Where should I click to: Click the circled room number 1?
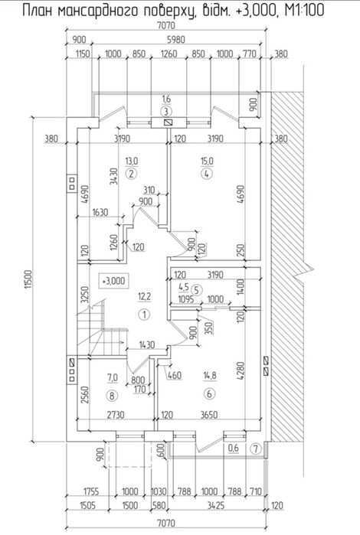pos(145,315)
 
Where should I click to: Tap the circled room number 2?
pos(131,174)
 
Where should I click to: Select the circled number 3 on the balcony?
pos(166,111)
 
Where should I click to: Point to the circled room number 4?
pos(207,174)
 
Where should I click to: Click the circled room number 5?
pos(196,290)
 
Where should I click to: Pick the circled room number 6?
pos(209,394)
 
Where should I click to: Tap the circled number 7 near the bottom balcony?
pos(256,449)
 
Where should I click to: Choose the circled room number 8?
pos(112,396)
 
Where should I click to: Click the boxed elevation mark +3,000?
pos(113,281)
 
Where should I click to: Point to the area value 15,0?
pos(207,161)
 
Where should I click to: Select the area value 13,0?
pos(132,161)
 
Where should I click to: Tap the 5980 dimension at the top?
pos(175,40)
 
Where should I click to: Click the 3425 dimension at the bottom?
pos(216,505)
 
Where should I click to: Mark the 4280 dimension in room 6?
pos(241,371)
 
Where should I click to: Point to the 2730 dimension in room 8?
pos(116,415)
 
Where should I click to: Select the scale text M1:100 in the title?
pos(304,10)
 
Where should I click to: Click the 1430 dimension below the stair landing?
pos(146,345)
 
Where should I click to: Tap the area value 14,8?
pos(210,376)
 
